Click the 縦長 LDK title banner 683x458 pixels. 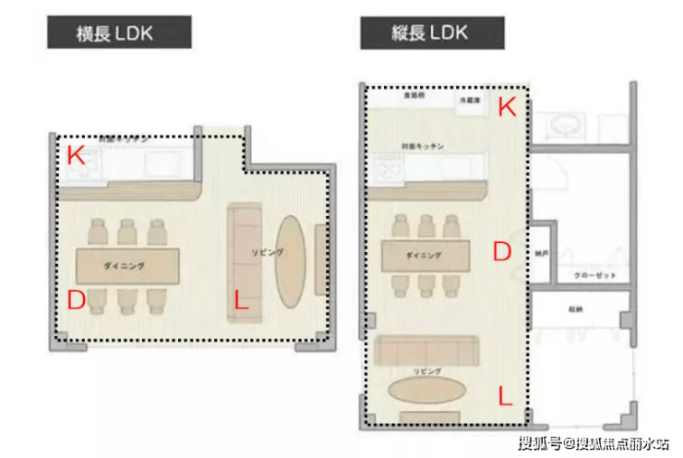pos(432,34)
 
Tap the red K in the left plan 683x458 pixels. pos(76,155)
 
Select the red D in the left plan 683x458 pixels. pos(77,299)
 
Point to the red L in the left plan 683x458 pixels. pos(240,300)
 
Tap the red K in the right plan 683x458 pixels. pos(506,107)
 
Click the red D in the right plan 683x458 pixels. pos(501,252)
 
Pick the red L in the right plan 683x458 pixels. pos(505,396)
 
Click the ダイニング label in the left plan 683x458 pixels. pos(124,265)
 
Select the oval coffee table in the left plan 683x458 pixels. pos(293,261)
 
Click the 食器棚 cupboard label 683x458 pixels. pos(412,95)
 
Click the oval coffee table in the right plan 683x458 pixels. pos(425,389)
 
